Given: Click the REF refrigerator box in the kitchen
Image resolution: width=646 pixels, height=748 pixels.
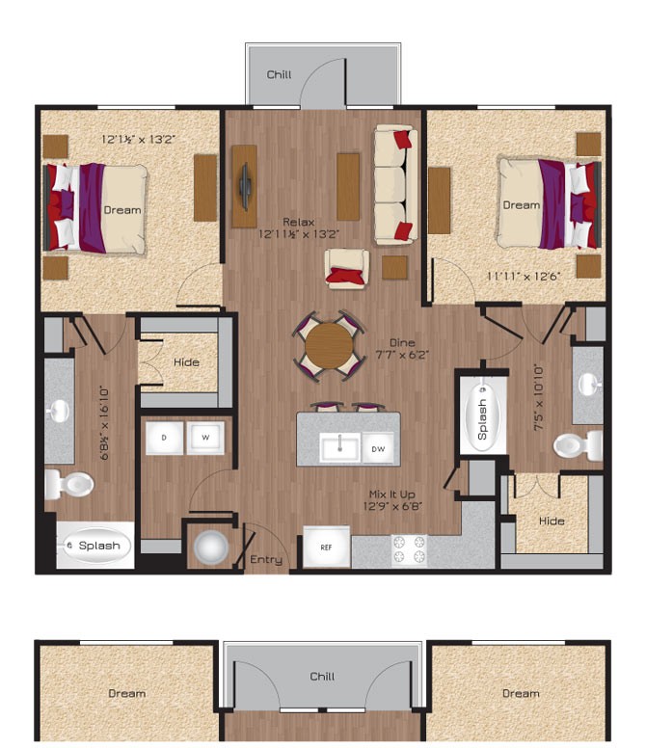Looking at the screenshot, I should [326, 547].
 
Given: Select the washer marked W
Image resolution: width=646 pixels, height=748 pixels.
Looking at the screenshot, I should [205, 437].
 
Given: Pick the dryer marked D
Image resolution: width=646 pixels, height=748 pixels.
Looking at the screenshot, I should [163, 437].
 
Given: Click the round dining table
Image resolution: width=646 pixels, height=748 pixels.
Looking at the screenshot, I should [330, 344].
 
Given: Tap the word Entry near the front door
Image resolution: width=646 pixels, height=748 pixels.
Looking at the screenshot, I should [266, 560].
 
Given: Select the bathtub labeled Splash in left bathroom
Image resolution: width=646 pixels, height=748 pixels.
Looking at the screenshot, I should [94, 546].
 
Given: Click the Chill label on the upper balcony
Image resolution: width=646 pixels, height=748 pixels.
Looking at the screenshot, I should [279, 74].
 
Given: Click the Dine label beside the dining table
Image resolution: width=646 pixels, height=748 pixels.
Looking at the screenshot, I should [402, 342].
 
